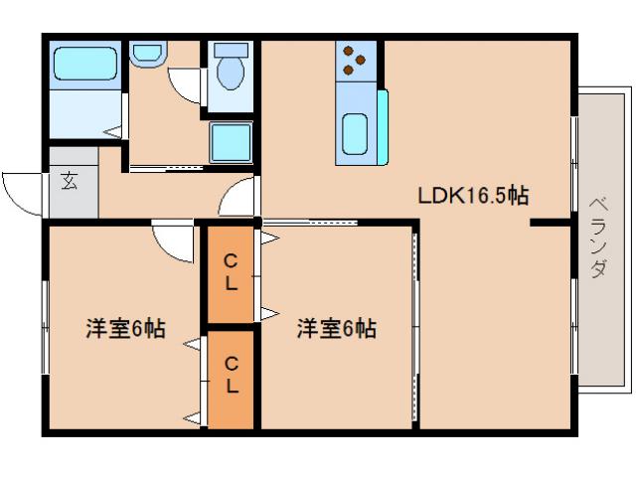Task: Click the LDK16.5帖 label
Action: coord(471,196)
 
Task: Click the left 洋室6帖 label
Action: coord(125,328)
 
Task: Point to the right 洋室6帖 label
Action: coord(336,328)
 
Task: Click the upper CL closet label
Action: coord(231,272)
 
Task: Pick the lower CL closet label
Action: coord(231,378)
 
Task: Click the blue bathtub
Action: coord(84,64)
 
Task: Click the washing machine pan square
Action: coord(231,144)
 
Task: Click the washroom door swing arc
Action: coord(186,86)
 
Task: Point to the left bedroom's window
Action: coord(45,327)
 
